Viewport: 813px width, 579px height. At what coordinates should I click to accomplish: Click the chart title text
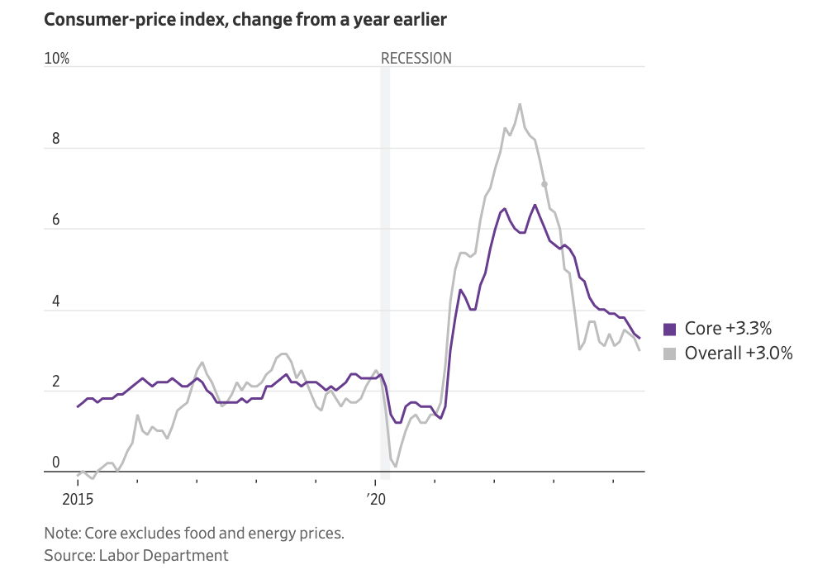pyautogui.click(x=245, y=20)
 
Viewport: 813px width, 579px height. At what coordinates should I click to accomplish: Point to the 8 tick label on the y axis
pyautogui.click(x=56, y=139)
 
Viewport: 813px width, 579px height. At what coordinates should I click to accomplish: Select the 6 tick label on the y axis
pyautogui.click(x=56, y=220)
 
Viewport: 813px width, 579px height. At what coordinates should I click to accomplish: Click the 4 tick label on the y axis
pyautogui.click(x=56, y=301)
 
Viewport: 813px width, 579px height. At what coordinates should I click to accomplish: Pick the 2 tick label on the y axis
pyautogui.click(x=56, y=382)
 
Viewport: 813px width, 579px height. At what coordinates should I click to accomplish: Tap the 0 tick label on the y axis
pyautogui.click(x=56, y=463)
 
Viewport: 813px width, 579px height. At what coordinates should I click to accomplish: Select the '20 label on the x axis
pyautogui.click(x=376, y=499)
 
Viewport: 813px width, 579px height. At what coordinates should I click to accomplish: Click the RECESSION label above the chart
pyautogui.click(x=416, y=59)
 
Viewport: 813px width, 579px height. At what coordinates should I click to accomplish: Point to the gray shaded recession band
pyautogui.click(x=385, y=248)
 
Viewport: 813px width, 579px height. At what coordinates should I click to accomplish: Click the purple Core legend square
pyautogui.click(x=670, y=328)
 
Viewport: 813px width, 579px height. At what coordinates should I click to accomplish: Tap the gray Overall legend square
pyautogui.click(x=670, y=354)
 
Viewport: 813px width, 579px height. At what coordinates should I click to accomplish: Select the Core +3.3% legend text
pyautogui.click(x=728, y=328)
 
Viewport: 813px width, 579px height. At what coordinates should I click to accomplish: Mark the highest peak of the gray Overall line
pyautogui.click(x=520, y=104)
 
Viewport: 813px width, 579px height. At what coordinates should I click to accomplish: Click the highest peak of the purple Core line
pyautogui.click(x=535, y=205)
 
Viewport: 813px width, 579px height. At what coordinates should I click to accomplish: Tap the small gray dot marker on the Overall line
pyautogui.click(x=544, y=184)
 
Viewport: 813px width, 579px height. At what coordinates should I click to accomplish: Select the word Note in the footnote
pyautogui.click(x=61, y=533)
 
